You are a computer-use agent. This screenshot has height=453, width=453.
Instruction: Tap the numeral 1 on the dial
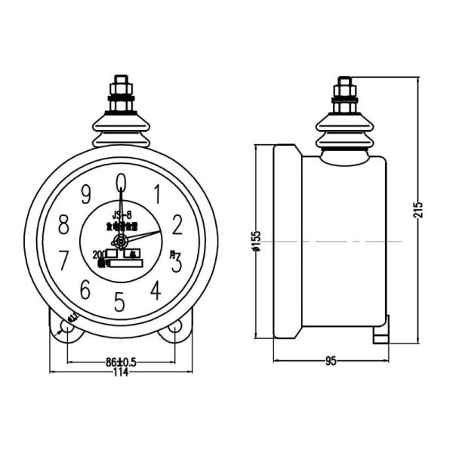(x=157, y=194)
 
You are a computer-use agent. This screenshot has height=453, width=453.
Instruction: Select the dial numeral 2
(x=178, y=224)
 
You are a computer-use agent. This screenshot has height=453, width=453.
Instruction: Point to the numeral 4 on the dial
(x=156, y=290)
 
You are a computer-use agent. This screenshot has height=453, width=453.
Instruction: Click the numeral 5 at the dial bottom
(x=119, y=302)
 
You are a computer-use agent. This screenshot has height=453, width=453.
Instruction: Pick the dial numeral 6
(x=85, y=290)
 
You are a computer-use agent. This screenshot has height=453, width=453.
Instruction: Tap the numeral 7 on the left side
(x=64, y=261)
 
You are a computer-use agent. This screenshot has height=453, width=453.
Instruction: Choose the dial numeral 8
(x=64, y=225)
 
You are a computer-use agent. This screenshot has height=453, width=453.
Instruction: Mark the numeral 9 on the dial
(x=86, y=194)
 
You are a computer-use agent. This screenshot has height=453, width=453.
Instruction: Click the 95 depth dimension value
(x=330, y=362)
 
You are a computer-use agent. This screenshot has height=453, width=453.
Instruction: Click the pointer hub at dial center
(x=120, y=242)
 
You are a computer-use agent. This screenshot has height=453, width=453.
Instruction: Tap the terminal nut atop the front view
(x=121, y=91)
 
